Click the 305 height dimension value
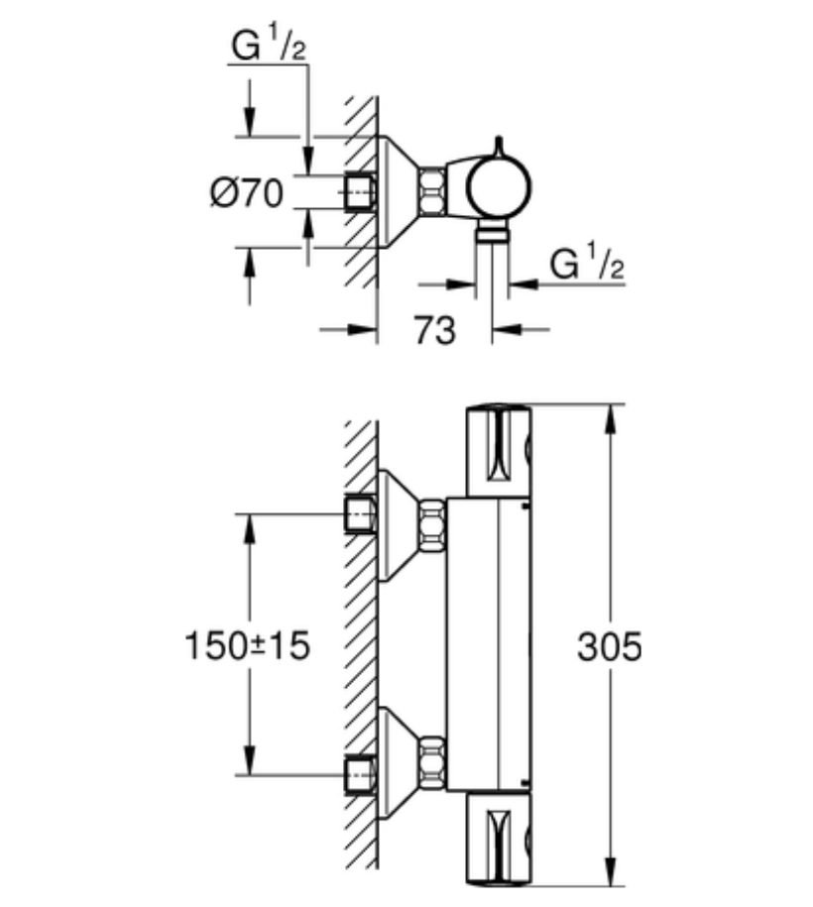tap(610, 646)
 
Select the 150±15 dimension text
tap(247, 645)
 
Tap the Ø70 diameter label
tap(247, 192)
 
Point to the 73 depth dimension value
tap(434, 330)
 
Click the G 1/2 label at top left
tap(268, 46)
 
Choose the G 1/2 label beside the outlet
tap(587, 264)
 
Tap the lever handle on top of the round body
tap(500, 147)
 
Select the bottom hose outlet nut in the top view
tap(493, 233)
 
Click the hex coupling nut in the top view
tap(433, 191)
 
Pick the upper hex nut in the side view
tap(433, 525)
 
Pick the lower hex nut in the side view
tap(433, 763)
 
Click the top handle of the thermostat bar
tap(499, 450)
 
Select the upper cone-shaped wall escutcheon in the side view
tap(399, 525)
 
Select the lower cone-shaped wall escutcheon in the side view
tap(399, 763)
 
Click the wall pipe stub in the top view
tap(360, 191)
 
